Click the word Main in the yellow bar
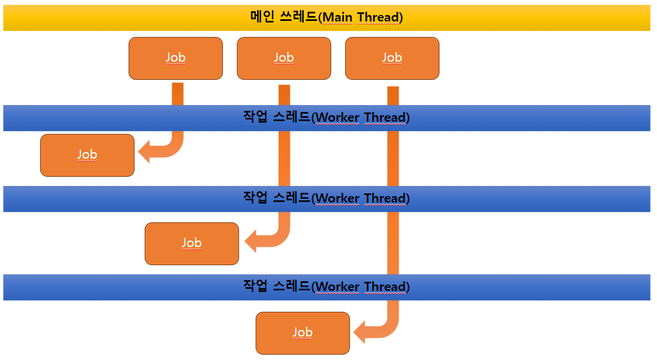coord(338,18)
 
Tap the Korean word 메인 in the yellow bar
coord(262,17)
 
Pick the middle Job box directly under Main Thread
coord(283,58)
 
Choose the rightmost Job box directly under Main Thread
coord(392,58)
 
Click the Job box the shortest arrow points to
coord(87,155)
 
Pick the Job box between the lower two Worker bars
coord(191,243)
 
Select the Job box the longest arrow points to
coord(302,333)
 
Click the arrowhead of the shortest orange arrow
coord(145,153)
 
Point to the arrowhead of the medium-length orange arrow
coord(251,242)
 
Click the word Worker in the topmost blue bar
coord(338,118)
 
